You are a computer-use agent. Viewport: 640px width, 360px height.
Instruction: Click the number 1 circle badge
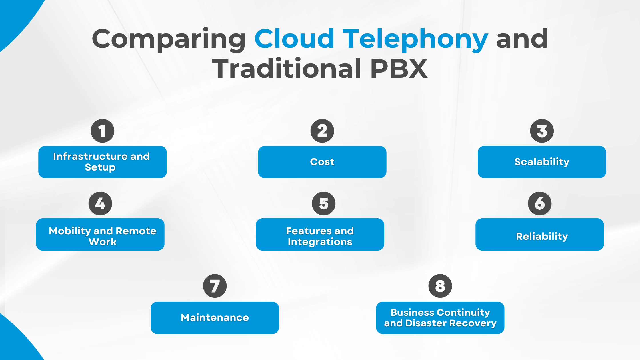[x=103, y=131]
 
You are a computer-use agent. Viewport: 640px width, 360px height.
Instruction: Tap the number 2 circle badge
[x=322, y=131]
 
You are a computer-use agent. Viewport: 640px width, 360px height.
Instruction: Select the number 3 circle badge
[x=542, y=131]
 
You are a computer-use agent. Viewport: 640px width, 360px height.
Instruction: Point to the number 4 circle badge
[x=100, y=203]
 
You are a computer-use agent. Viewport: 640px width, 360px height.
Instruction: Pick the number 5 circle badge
[x=324, y=203]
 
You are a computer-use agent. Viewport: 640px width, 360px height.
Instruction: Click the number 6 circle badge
[x=540, y=203]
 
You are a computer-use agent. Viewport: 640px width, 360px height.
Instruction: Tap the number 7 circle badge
[x=215, y=286]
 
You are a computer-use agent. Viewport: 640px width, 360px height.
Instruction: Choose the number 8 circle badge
[x=440, y=286]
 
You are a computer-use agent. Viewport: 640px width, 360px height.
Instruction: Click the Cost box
[x=322, y=162]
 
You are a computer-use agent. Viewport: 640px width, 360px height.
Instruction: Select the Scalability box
[x=542, y=162]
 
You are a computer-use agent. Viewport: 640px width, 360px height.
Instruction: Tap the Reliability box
[x=540, y=235]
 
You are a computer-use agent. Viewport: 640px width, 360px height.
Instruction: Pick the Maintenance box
[x=215, y=318]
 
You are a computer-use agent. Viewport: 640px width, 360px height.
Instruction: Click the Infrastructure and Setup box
[x=103, y=162]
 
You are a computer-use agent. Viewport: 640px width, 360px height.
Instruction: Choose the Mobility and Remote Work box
[x=100, y=235]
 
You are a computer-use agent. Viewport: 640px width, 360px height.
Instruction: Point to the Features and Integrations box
[x=320, y=235]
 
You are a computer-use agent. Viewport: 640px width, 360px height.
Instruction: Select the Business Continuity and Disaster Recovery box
[x=440, y=318]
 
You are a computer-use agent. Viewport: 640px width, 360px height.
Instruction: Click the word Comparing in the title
[x=169, y=39]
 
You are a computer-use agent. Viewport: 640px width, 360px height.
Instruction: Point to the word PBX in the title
[x=399, y=69]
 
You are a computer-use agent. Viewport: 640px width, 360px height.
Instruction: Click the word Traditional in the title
[x=287, y=69]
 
